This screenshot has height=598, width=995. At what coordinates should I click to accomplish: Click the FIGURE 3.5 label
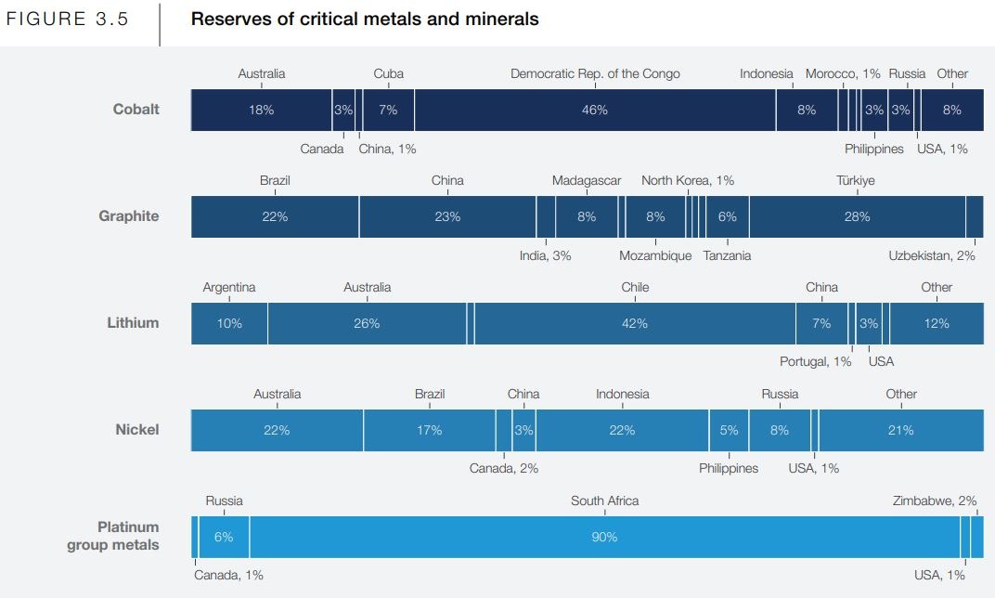click(68, 19)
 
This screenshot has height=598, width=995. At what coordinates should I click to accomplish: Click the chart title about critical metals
click(364, 19)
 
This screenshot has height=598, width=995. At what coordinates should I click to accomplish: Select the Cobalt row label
click(136, 110)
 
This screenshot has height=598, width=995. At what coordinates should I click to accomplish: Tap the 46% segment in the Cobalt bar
click(594, 110)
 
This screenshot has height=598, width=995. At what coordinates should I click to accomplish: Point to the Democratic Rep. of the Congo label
click(595, 74)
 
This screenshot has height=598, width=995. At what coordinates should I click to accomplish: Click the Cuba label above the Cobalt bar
click(388, 74)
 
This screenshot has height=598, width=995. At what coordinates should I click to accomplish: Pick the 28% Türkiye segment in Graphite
click(857, 216)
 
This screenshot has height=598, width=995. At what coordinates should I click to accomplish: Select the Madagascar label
click(586, 181)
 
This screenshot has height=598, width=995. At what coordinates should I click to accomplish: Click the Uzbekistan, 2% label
click(931, 256)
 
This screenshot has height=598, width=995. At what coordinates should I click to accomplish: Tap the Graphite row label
click(129, 216)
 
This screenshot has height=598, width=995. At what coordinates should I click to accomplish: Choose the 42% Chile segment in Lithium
click(635, 323)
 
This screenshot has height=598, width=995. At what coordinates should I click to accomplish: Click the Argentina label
click(229, 288)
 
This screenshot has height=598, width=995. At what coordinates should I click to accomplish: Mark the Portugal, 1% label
click(815, 361)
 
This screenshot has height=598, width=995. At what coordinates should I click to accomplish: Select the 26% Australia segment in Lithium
click(367, 323)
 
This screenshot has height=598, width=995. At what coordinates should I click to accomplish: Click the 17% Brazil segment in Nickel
click(429, 430)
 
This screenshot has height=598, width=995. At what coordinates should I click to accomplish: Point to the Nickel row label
click(137, 430)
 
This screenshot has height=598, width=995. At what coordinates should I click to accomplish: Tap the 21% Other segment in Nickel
click(900, 430)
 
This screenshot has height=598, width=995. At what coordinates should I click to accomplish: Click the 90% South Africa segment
click(604, 537)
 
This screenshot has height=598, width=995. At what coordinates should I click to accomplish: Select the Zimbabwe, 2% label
click(935, 501)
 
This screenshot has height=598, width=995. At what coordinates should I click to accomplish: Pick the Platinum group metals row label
click(113, 537)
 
